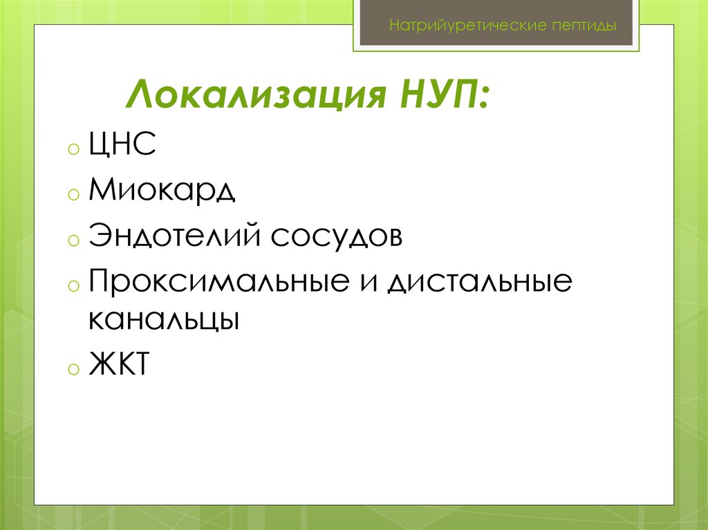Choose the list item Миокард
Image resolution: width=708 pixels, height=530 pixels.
click(x=162, y=191)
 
